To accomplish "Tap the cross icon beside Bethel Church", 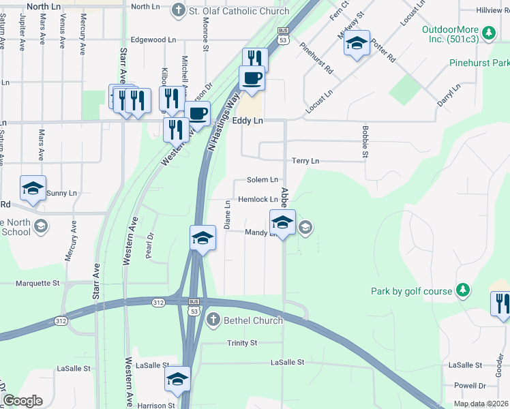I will point(213,320).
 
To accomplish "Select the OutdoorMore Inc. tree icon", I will point(488,32).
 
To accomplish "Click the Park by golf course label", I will point(411,291).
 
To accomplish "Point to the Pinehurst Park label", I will point(479,63).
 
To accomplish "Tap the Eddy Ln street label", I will point(247,121).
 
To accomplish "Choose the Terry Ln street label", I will point(305,161).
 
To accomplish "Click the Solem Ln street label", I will point(262,180).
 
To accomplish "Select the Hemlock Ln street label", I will point(258,200).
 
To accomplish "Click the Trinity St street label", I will point(242,343).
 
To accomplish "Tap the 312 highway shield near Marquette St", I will point(61,320).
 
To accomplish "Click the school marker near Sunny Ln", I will point(33,189).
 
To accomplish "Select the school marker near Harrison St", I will point(177,379).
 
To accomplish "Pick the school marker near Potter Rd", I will point(356,44).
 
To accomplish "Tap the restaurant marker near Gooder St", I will point(501,303).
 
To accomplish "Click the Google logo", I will point(22,401).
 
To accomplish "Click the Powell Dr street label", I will point(470,385).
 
